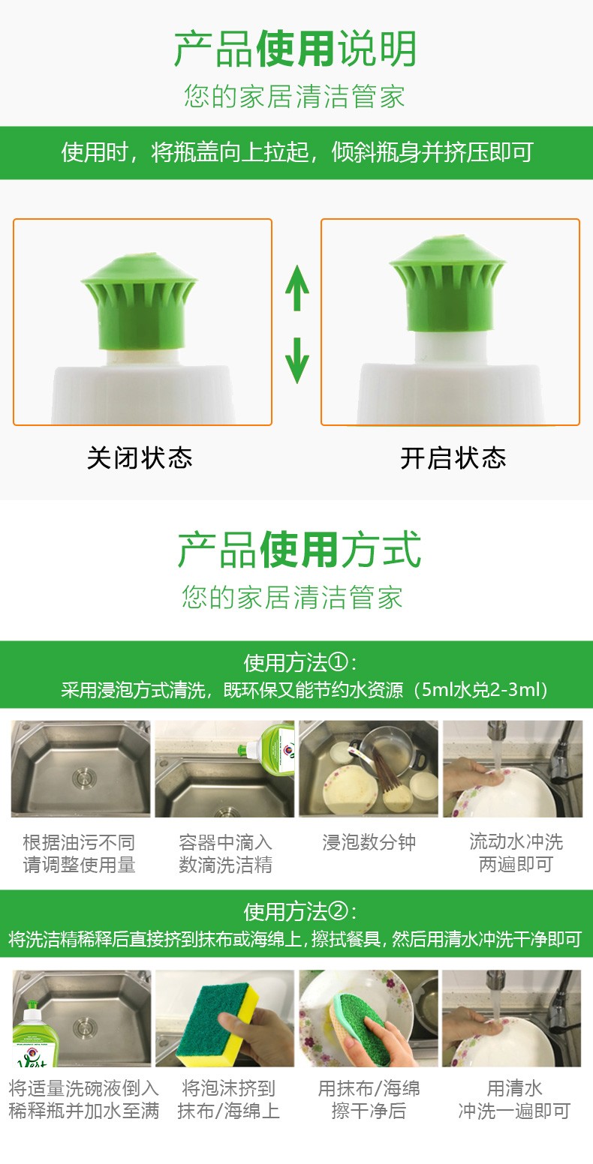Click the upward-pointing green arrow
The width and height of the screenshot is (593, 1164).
click(x=297, y=287)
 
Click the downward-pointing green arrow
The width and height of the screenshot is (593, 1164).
click(x=297, y=360)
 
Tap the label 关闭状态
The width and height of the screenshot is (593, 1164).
click(x=140, y=458)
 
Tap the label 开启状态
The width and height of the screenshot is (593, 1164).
click(x=453, y=458)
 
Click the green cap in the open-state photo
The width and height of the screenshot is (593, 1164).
click(x=447, y=283)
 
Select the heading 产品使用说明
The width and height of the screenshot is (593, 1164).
click(x=296, y=48)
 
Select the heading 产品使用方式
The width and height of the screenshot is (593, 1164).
click(x=299, y=550)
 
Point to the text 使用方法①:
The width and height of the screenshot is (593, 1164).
click(x=300, y=662)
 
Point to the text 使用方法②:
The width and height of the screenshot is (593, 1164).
click(x=300, y=911)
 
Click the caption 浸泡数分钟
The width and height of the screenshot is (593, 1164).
click(x=369, y=842)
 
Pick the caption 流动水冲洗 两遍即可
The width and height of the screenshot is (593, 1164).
click(x=516, y=853)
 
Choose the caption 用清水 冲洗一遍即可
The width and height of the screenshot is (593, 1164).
click(x=514, y=1099)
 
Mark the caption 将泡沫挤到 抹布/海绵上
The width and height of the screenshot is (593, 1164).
click(x=228, y=1099)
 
